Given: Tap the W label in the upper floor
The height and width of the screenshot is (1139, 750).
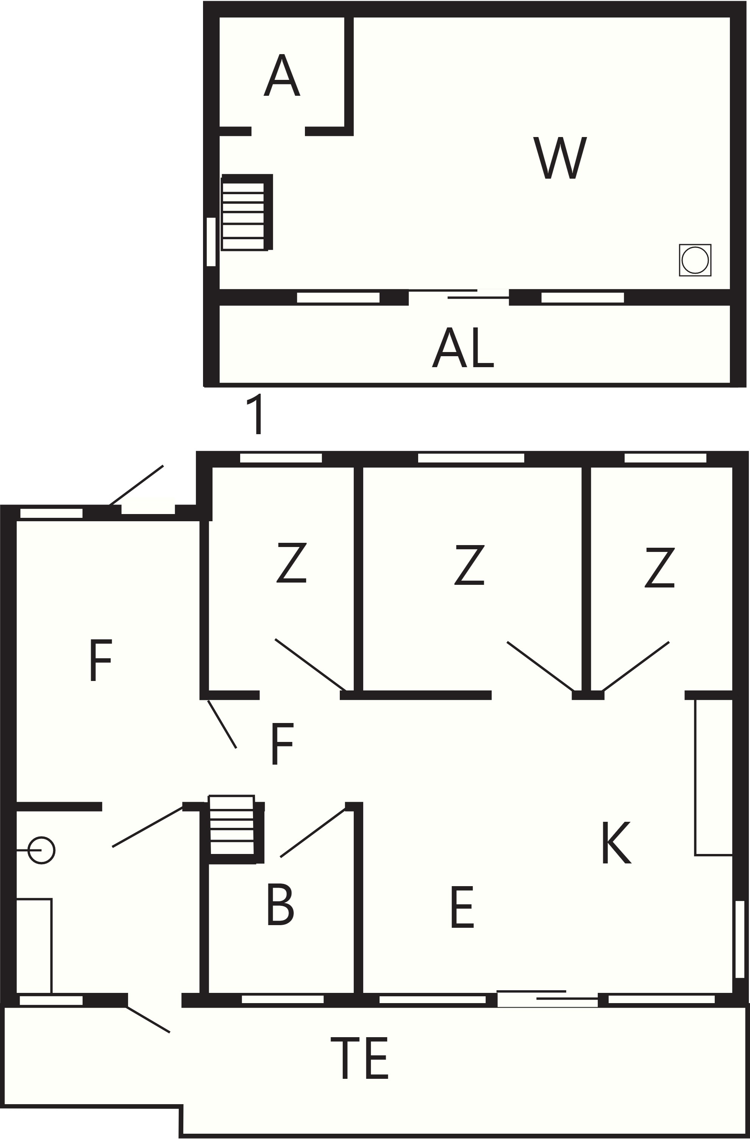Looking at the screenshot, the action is click(560, 158).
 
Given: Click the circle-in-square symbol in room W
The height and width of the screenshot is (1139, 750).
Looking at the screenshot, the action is click(695, 260).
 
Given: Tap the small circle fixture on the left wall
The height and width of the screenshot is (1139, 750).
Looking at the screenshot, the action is click(41, 851).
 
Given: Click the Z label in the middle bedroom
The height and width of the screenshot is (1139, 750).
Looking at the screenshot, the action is click(469, 565).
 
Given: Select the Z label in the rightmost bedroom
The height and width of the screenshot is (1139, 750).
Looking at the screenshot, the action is click(659, 567).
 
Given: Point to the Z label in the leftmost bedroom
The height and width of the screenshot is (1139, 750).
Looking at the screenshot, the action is click(291, 563).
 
